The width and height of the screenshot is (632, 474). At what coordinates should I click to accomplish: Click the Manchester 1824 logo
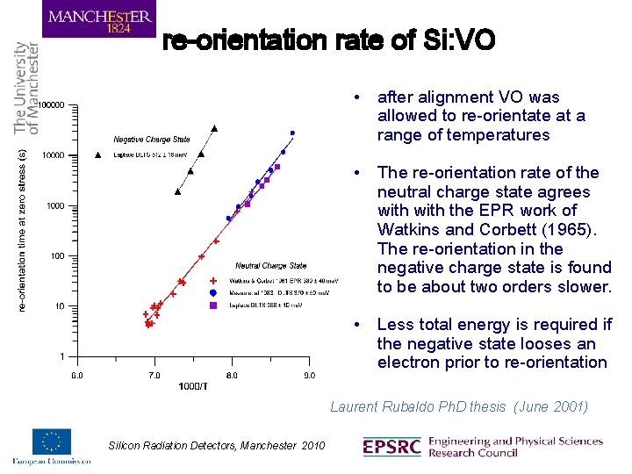[98, 19]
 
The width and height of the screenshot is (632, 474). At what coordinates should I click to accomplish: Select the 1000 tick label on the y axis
[56, 206]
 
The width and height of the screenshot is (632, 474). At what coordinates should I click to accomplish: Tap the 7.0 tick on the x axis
[154, 375]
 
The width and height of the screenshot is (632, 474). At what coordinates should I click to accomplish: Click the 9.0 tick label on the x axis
[309, 375]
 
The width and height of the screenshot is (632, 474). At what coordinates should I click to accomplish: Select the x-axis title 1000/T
[192, 386]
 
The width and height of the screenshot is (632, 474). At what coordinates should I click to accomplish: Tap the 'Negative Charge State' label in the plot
[152, 139]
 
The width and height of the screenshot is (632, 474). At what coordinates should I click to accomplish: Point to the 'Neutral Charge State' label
[270, 265]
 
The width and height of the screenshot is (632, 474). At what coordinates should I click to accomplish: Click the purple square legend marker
[213, 305]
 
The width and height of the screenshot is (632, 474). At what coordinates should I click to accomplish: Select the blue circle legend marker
[213, 293]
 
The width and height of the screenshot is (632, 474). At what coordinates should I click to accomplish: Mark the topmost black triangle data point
[213, 127]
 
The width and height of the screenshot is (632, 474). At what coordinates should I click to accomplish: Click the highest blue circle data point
[292, 133]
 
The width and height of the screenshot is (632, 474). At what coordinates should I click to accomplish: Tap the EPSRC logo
[392, 447]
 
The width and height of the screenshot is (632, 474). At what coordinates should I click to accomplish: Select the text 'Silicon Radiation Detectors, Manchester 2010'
[216, 447]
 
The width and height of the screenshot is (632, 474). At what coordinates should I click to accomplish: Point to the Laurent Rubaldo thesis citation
[458, 406]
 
